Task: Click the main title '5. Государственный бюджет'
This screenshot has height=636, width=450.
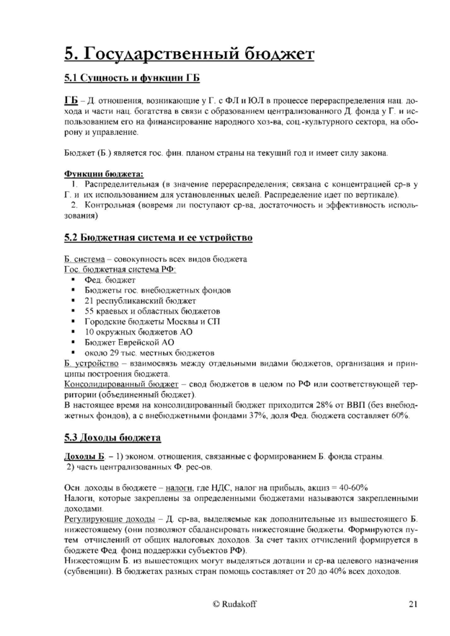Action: (x=189, y=53)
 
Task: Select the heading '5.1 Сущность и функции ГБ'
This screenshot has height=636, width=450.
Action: (x=131, y=78)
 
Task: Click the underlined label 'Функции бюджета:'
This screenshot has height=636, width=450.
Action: (x=103, y=174)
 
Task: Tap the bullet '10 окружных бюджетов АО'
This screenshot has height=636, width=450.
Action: (x=133, y=332)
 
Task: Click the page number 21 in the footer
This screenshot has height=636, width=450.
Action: (x=412, y=604)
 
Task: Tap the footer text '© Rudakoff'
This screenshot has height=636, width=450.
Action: (x=234, y=604)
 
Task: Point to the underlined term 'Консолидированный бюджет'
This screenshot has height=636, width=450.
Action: (x=121, y=384)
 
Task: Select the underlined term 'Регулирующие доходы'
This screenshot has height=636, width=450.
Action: (x=110, y=518)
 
